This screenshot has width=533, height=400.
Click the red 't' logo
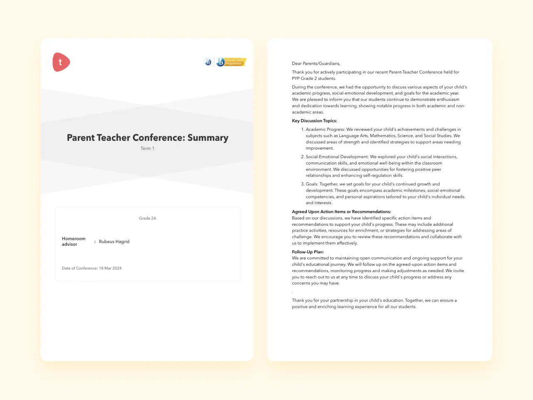(61, 62)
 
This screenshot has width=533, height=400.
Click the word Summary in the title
(208, 138)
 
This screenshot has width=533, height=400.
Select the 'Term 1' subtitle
(147, 148)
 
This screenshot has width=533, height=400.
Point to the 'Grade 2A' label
(147, 218)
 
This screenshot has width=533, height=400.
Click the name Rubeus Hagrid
(114, 242)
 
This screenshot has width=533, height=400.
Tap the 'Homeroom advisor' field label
(73, 242)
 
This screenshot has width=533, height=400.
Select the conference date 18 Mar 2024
(110, 268)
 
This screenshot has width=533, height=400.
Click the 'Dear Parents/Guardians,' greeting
(316, 64)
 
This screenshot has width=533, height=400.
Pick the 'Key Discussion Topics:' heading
(314, 121)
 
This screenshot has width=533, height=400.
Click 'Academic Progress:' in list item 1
(325, 130)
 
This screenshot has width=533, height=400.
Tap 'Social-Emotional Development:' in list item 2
(337, 157)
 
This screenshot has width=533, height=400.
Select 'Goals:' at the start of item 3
(312, 184)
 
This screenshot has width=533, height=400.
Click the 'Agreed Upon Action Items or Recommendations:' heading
(341, 212)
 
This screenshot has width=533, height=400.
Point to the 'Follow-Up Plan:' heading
(308, 252)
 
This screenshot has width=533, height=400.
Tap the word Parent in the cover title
(81, 138)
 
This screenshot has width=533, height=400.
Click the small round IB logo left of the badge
(208, 62)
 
